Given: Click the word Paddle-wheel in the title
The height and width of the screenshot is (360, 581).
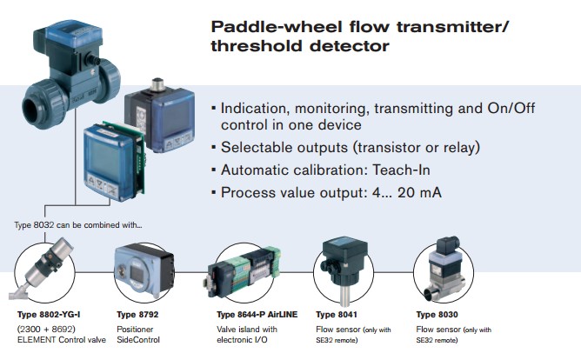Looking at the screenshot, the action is (277, 27).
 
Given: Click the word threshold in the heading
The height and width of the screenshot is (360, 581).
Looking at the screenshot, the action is (257, 46).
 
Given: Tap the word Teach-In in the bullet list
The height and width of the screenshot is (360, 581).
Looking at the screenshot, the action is (401, 170).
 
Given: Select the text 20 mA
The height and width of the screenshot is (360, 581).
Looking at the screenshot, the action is (419, 192).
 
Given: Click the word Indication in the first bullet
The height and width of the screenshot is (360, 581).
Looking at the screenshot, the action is (254, 109).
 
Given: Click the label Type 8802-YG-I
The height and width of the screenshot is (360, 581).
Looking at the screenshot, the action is (49, 315).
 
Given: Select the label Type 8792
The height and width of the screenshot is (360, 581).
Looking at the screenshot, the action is (137, 315).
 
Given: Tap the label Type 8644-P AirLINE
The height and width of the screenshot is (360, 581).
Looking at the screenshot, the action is (257, 315).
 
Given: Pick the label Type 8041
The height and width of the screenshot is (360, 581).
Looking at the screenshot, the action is (337, 315).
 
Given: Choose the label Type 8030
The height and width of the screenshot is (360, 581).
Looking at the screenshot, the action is (437, 315).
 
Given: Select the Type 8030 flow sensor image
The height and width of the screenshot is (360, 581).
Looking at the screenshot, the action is (443, 268).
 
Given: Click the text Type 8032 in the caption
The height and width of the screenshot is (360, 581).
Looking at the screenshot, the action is (34, 225).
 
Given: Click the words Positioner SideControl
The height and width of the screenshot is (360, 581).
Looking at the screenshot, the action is (138, 335).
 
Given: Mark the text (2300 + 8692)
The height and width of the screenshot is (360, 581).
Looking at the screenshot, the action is (46, 329).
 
